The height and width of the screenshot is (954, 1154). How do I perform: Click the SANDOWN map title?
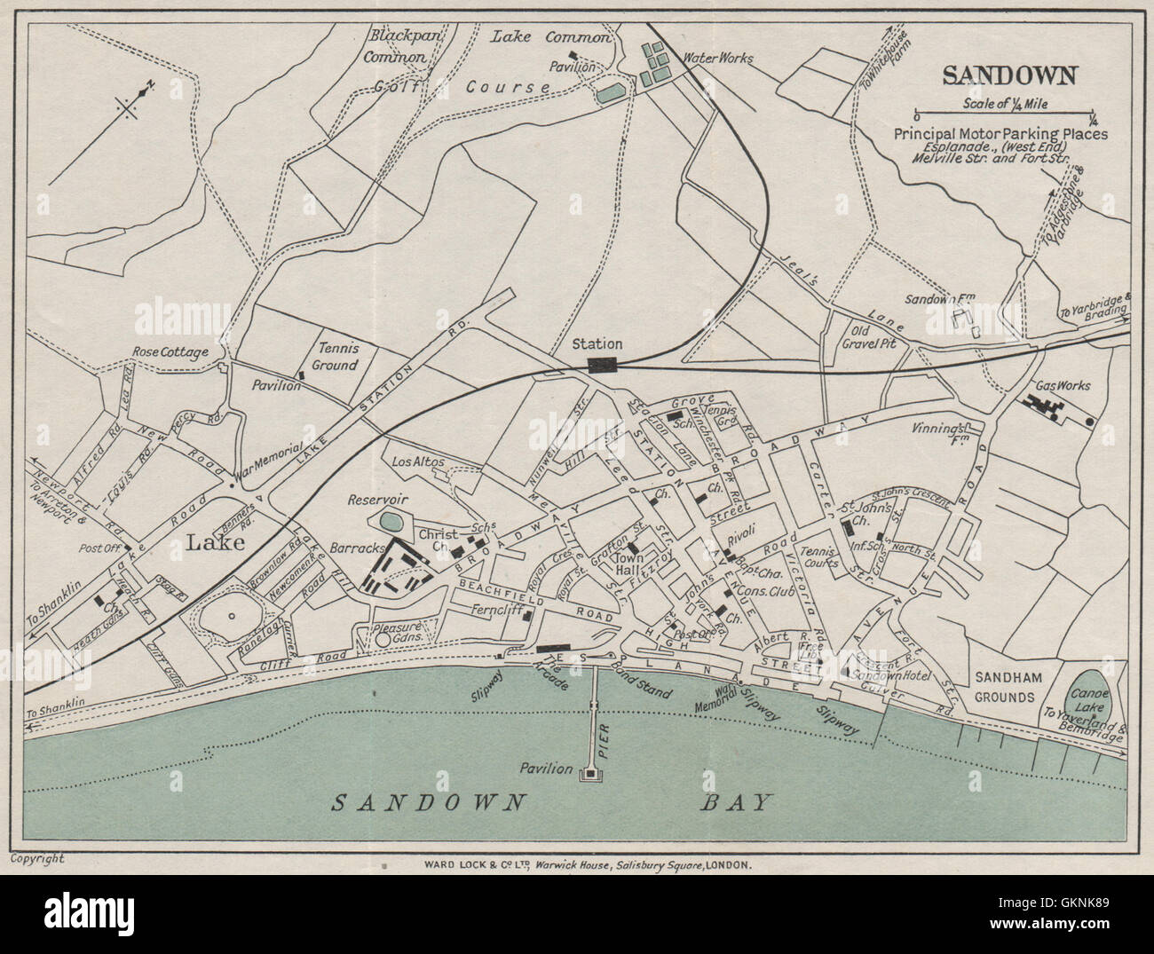tap(1010, 75)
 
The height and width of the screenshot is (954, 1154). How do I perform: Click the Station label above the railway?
tap(597, 343)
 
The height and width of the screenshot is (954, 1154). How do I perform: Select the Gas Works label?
tap(1063, 386)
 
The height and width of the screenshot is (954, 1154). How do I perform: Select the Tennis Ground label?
tap(335, 357)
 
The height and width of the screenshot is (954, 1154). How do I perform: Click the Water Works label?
tap(717, 59)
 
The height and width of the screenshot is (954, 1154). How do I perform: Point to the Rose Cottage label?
tap(170, 352)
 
